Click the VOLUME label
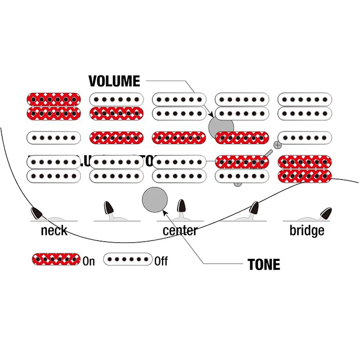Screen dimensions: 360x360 pos(114,81)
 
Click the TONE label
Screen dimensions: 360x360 pos(264,265)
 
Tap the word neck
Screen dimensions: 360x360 pos(54,231)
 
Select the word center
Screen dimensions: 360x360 pos(180,231)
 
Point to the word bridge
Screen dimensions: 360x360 pos(306,231)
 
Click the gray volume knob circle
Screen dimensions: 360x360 pos(221,127)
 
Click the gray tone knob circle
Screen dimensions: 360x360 pos(155,199)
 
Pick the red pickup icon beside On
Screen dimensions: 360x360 pos(56,259)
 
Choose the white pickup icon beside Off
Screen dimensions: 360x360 pos(128,259)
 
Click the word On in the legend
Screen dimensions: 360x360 pos(89,261)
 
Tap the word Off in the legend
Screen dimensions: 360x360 pos(161,261)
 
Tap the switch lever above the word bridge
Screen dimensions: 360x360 pos(325,212)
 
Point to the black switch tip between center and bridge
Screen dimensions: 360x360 pos(254,208)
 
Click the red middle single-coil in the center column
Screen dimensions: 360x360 pos(180,137)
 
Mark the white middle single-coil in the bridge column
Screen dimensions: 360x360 pos(305,137)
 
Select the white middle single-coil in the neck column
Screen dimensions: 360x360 pos(54,137)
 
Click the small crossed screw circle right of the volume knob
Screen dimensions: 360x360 pos(278,144)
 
